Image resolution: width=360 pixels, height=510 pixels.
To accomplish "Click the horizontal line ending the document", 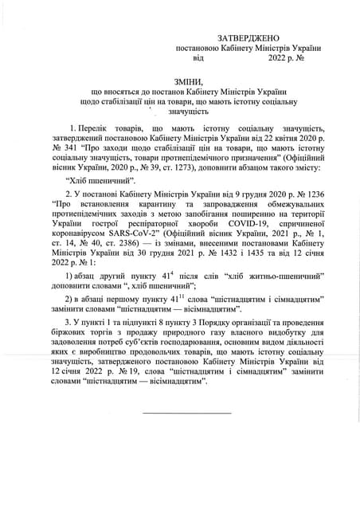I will pyautogui.click(x=186, y=412).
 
